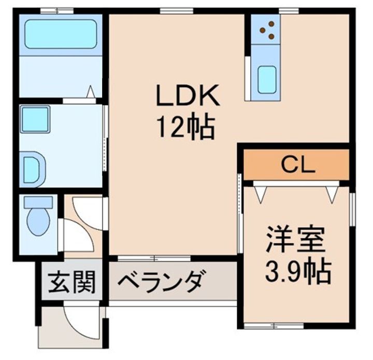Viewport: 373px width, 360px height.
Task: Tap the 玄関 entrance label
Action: click(x=72, y=284)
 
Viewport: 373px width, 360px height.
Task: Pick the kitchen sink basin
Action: click(x=267, y=80)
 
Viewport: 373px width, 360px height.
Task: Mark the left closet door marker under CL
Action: click(x=260, y=193)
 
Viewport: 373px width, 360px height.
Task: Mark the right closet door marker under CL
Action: click(x=332, y=193)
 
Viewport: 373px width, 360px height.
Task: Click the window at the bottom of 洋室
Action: click(x=267, y=326)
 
